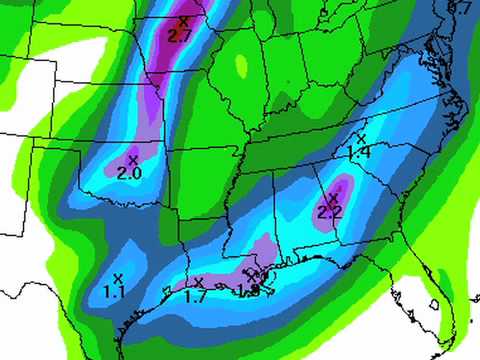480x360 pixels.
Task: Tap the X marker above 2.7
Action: tap(183, 21)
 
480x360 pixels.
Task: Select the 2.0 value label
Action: tap(129, 174)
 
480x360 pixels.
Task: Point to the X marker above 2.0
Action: tap(132, 159)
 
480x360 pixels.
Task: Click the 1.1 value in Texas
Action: tap(114, 292)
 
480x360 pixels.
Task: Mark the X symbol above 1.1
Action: tap(118, 277)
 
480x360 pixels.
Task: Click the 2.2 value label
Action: tap(329, 212)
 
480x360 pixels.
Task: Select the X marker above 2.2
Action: tap(333, 197)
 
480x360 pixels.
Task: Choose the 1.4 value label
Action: tap(358, 151)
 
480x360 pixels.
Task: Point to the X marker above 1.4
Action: tap(362, 137)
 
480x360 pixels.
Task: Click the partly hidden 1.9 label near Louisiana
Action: tap(248, 291)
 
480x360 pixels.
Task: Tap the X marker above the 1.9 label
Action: tap(255, 277)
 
